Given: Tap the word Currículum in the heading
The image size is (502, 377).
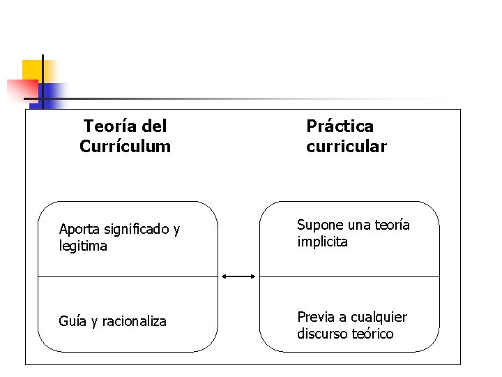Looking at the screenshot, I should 125,147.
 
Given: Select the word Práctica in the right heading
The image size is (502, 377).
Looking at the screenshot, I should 340,126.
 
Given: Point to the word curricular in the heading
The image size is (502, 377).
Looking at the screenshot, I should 346,147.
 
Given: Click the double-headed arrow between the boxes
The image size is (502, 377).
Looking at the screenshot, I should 238,277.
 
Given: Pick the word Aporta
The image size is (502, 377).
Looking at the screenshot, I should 79,230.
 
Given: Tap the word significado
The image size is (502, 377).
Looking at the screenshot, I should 135,230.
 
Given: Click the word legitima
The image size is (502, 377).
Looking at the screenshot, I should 83,246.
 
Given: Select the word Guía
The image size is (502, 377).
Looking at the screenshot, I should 72,322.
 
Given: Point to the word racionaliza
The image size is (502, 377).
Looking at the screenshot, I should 135,322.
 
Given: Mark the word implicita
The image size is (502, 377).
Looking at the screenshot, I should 322,242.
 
